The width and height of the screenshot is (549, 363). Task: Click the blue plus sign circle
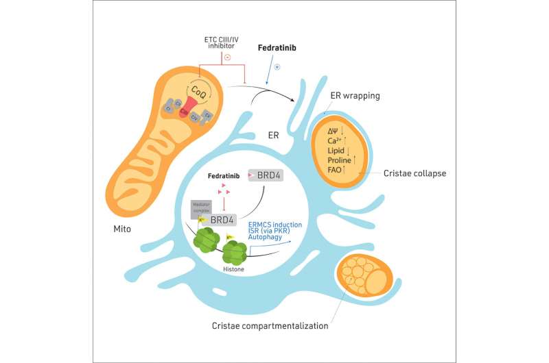tap(277, 66)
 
